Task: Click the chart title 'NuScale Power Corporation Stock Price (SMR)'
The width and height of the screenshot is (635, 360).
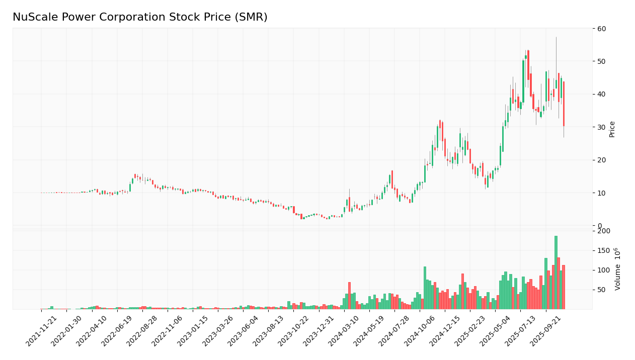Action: [x=140, y=18]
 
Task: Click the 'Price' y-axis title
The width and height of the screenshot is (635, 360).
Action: [x=612, y=129]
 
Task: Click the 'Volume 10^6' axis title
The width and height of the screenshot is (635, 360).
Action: [x=618, y=269]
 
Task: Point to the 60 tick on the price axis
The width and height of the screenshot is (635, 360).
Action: [x=601, y=29]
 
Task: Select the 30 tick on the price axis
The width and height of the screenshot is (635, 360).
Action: [x=601, y=127]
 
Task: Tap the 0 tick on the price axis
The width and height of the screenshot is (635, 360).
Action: [x=599, y=226]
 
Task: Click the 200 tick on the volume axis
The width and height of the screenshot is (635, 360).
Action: [x=603, y=231]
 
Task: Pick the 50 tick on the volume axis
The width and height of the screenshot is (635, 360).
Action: [x=601, y=290]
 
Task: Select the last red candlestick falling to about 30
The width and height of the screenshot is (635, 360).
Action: [x=564, y=104]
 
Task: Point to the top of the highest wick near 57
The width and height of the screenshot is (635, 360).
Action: [x=556, y=37]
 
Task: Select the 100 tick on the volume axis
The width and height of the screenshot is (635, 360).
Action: [x=603, y=270]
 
